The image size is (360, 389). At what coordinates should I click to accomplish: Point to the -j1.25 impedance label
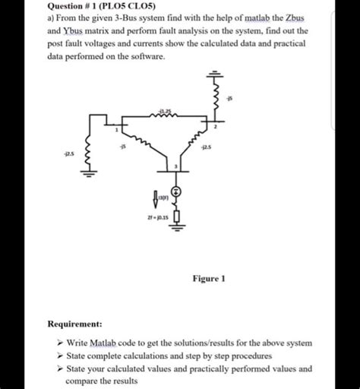click(166, 111)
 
